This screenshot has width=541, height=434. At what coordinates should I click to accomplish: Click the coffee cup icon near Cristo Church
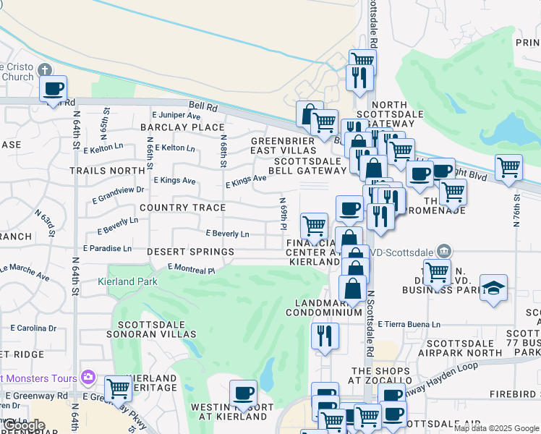[x=54, y=90]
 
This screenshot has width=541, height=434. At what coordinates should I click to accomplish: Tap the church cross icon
[x=45, y=70]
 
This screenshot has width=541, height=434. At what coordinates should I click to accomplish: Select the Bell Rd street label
[x=203, y=106]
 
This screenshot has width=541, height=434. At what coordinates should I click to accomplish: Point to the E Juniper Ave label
[x=176, y=116]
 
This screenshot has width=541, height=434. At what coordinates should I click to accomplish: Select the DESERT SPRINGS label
[x=190, y=252]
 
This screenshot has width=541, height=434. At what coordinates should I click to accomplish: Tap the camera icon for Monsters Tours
[x=88, y=377]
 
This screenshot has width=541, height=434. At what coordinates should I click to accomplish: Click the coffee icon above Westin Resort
[x=243, y=394]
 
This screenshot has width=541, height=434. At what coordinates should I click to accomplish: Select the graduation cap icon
[x=493, y=288]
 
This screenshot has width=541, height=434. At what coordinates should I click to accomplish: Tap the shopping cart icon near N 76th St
[x=509, y=169]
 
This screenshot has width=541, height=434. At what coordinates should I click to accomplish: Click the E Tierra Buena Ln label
[x=409, y=325]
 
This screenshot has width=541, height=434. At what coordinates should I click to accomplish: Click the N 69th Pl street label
[x=282, y=210]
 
